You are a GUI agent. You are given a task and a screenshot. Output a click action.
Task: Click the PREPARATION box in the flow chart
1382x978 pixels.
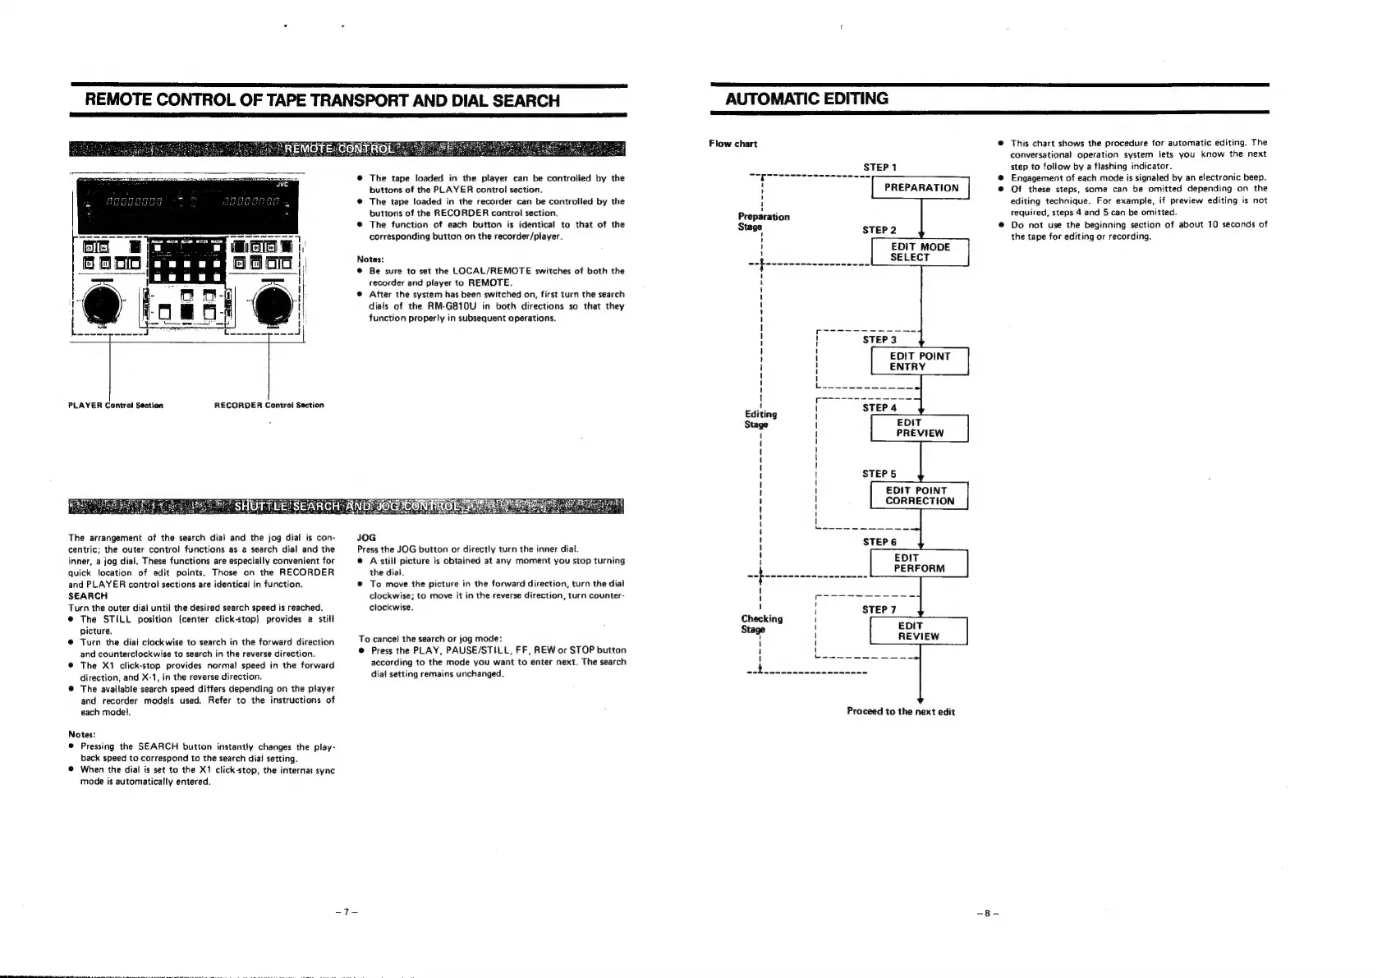tap(921, 188)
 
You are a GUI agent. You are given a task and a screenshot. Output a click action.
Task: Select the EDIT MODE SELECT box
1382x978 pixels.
tap(920, 252)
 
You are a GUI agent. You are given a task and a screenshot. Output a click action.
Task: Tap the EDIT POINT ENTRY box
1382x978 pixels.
tap(920, 361)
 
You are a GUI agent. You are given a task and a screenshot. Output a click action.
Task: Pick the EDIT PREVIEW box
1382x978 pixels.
tap(920, 428)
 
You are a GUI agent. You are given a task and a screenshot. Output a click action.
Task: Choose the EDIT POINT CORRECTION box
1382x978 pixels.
tap(920, 496)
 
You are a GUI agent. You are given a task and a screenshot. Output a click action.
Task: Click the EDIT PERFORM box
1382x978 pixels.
tap(920, 563)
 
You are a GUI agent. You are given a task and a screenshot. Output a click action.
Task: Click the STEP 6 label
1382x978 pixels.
tap(879, 542)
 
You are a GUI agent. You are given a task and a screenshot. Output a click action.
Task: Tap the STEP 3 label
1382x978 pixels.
tap(879, 340)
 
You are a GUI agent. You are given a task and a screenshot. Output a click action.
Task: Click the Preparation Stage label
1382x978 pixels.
tap(763, 222)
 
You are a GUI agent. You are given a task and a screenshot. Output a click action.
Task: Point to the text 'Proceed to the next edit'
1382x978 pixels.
tap(900, 712)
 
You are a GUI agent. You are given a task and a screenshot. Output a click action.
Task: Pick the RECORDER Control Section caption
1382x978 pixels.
tap(269, 405)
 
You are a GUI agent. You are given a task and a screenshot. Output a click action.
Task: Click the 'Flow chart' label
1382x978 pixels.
tap(732, 145)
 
